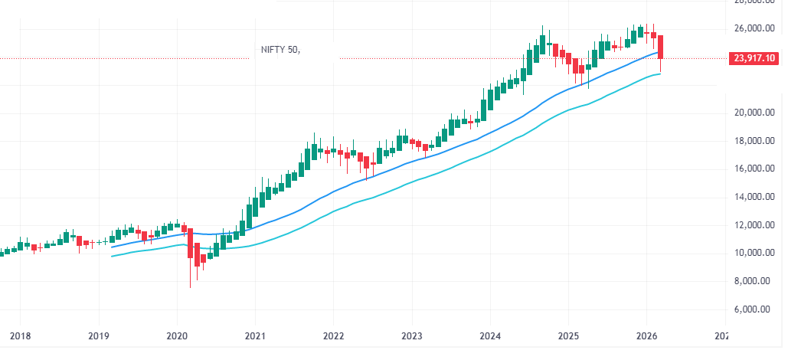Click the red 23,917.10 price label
coord(755,57)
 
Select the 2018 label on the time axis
coord(20,335)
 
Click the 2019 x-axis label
coord(98,335)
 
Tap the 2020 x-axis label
coord(177,335)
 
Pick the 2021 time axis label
coord(255,335)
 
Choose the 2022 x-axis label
coord(333,335)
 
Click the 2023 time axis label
coord(411,335)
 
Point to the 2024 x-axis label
coord(489,335)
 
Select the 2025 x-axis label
coord(567,335)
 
